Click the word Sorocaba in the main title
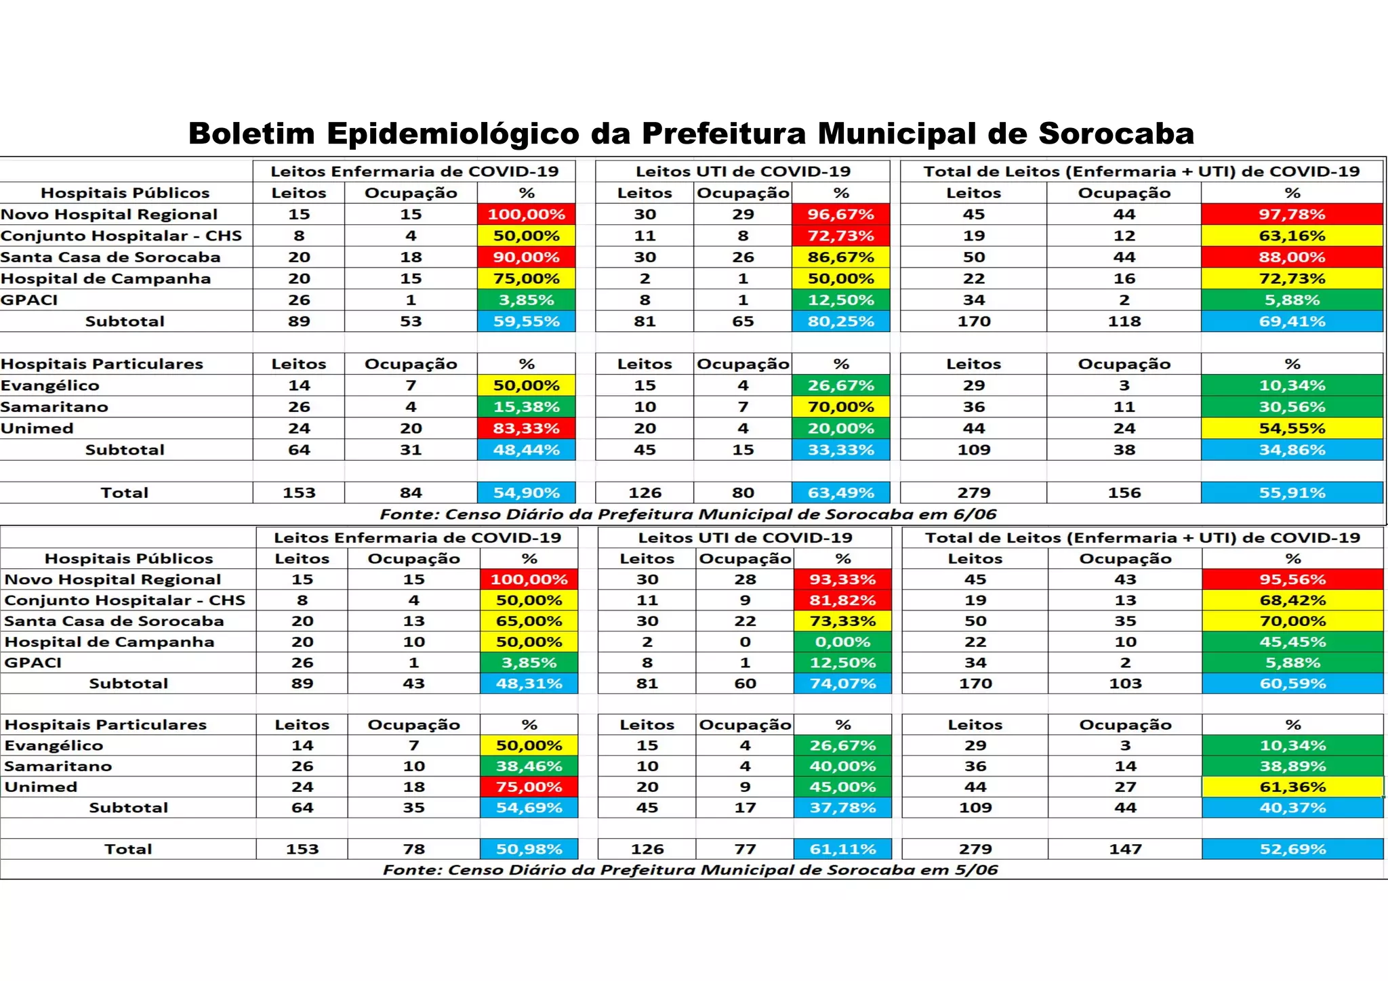pyautogui.click(x=1116, y=133)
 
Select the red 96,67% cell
pyautogui.click(x=840, y=214)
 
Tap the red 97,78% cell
pyautogui.click(x=1292, y=214)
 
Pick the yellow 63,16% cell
pyautogui.click(x=1292, y=236)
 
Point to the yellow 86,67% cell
pyautogui.click(x=840, y=257)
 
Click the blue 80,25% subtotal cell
pyautogui.click(x=840, y=321)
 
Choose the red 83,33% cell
pyautogui.click(x=527, y=428)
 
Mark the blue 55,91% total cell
pyautogui.click(x=1292, y=493)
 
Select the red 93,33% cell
pyautogui.click(x=842, y=579)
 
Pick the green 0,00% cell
pyautogui.click(x=842, y=642)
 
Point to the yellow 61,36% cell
pyautogui.click(x=1292, y=787)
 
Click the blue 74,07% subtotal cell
pyautogui.click(x=842, y=684)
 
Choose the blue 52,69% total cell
pyautogui.click(x=1292, y=849)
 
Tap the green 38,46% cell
pyautogui.click(x=529, y=766)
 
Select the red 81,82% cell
pyautogui.click(x=842, y=600)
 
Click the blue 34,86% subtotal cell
pyautogui.click(x=1292, y=450)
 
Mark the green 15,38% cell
pyautogui.click(x=527, y=407)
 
